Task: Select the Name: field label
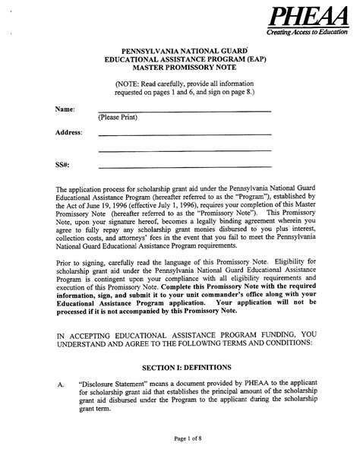(x=65, y=109)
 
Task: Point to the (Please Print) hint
(x=117, y=118)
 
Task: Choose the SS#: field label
(x=62, y=163)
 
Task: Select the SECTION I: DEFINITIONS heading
(x=179, y=365)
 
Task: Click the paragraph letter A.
(x=61, y=384)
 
